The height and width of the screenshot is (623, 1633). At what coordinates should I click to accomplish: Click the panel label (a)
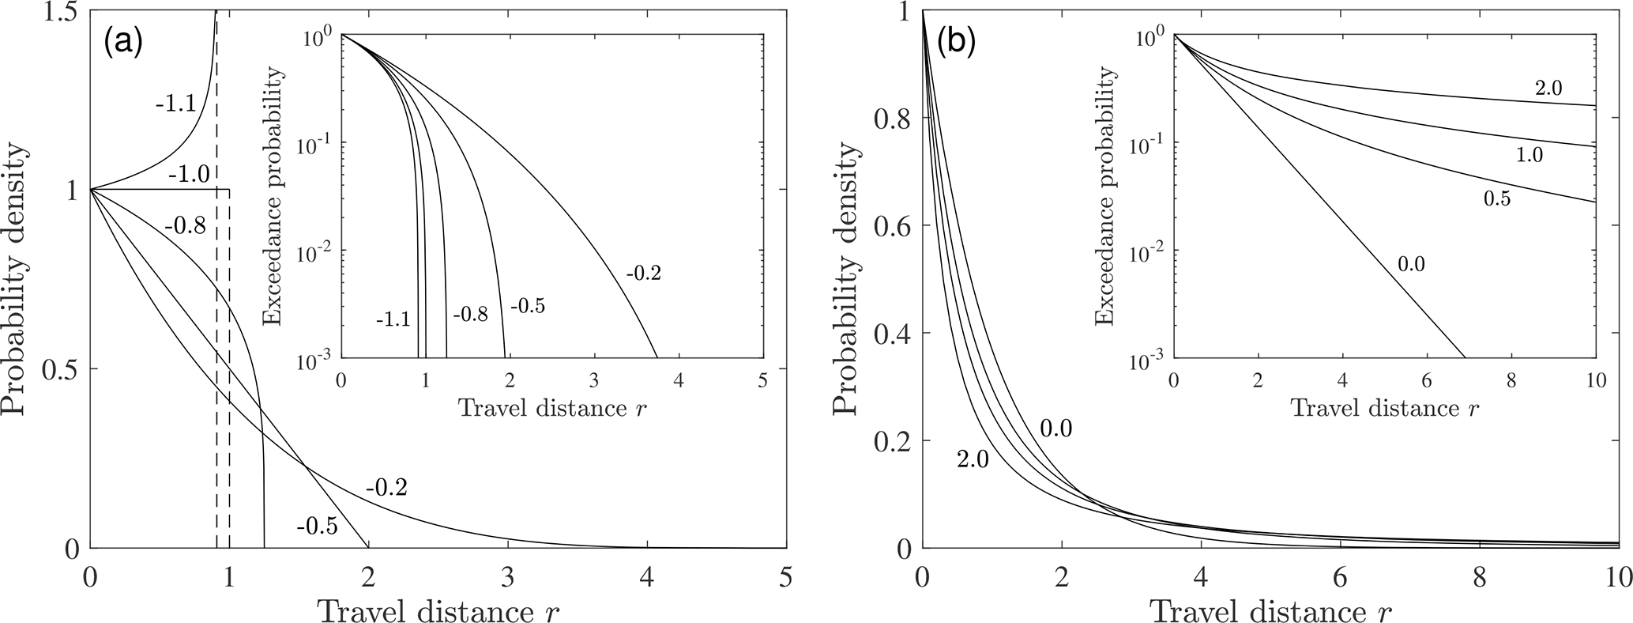122,42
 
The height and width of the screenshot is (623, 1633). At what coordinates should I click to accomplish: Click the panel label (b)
955,42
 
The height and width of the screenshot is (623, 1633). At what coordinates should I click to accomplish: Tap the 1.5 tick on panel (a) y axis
57,13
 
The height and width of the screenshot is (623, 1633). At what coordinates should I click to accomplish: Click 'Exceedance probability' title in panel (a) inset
274,196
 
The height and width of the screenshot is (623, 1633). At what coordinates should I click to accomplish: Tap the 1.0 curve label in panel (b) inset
1531,156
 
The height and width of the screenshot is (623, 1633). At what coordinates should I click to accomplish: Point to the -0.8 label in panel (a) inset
469,315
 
